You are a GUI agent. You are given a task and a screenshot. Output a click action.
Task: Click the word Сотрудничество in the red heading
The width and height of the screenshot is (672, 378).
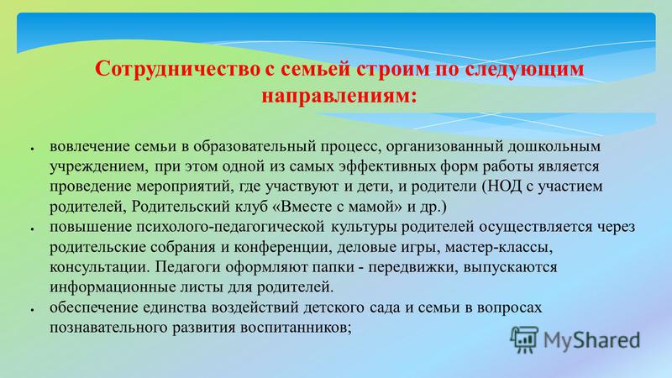tap(177, 69)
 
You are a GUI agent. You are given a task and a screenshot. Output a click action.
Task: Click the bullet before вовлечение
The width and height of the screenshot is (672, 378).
tap(32, 149)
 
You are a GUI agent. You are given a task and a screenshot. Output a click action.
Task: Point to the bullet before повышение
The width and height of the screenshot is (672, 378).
tap(32, 228)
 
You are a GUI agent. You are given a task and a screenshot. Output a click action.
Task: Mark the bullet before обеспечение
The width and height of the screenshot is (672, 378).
tap(32, 309)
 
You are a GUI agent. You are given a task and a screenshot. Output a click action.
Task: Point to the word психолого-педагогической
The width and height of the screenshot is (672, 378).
tap(230, 227)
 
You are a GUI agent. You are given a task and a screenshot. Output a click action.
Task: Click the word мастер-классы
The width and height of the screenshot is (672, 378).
tap(499, 247)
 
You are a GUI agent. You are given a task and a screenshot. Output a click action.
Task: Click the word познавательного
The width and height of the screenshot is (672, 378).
tap(108, 328)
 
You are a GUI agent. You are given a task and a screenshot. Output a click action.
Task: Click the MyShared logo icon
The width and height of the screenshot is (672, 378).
tap(524, 340)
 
